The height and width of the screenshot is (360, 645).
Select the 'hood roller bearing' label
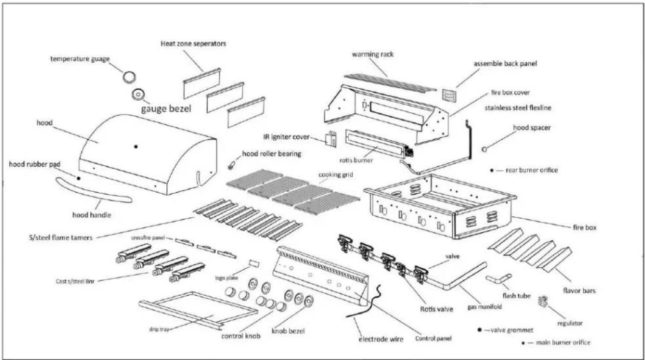point(272,154)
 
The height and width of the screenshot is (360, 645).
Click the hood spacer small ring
point(484,149)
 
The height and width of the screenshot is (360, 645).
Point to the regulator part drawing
point(543,301)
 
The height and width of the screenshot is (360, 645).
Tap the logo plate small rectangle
point(254,263)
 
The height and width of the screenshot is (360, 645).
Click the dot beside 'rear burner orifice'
point(491,171)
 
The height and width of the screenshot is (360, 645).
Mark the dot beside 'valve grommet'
point(479,330)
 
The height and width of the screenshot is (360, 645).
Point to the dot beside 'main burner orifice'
point(523,343)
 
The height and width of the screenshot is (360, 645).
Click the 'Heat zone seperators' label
point(193,44)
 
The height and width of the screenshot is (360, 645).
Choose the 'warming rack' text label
point(373,54)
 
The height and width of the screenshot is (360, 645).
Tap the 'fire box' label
point(585,228)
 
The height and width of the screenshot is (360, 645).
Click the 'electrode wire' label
point(381,339)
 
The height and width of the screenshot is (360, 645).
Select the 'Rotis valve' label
point(437,309)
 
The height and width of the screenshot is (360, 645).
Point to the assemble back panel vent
point(449,95)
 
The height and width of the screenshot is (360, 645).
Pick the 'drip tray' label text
point(159,329)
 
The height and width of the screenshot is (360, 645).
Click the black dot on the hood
point(136,147)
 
